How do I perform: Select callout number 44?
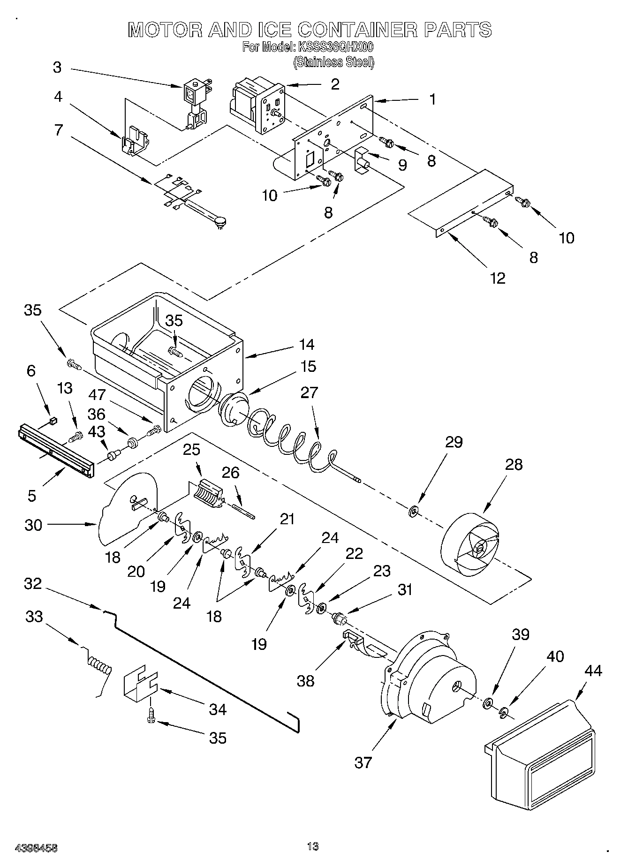(x=593, y=671)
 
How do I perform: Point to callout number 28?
(x=514, y=464)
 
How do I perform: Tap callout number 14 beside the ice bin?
(x=307, y=345)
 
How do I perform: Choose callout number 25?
(x=191, y=450)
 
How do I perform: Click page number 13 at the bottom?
(x=313, y=846)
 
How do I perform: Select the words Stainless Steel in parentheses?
(x=333, y=62)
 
